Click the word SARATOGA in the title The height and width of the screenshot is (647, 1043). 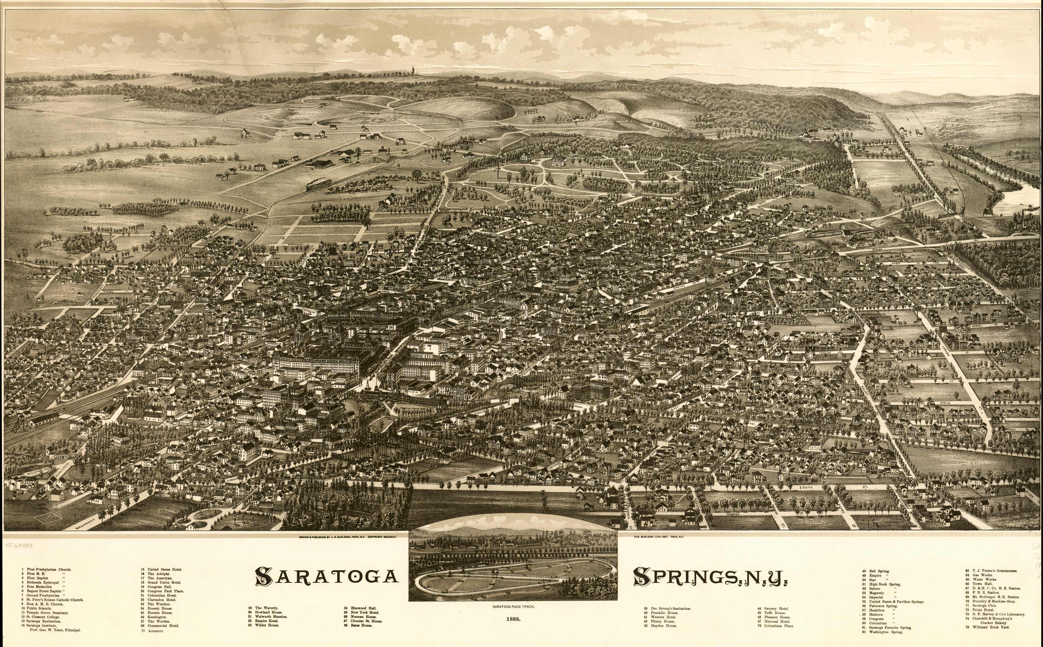[x=326, y=576]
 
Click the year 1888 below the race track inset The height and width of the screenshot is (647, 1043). [x=513, y=619]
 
